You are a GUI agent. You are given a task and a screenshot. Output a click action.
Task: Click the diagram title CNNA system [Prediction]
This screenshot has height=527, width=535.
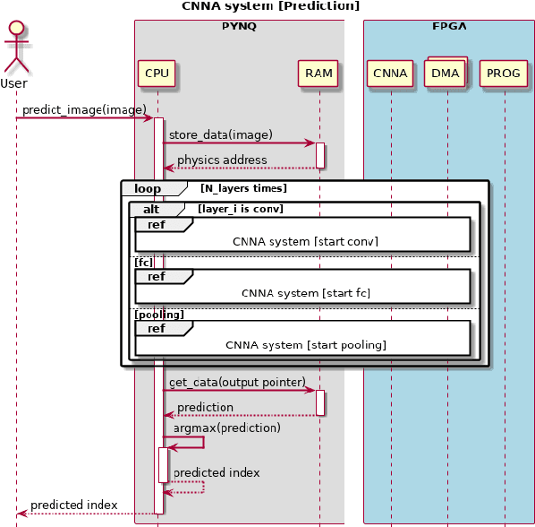[x=270, y=6]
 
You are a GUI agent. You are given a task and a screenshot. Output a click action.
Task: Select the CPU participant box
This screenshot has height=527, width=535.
[x=157, y=73]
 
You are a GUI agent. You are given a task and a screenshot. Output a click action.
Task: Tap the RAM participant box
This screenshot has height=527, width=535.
[x=318, y=73]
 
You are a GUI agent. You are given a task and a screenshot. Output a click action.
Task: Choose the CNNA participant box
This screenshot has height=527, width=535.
[x=390, y=73]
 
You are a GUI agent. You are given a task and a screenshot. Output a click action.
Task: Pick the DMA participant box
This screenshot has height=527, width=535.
[x=446, y=73]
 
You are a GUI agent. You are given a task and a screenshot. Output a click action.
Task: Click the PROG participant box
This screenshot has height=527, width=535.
[x=504, y=73]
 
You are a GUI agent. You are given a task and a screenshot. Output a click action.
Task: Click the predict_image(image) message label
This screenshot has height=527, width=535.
[x=84, y=110]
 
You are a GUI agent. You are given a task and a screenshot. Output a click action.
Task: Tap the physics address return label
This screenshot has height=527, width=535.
[x=222, y=160]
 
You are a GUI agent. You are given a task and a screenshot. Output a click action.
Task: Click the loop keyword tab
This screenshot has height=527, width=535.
[x=147, y=189]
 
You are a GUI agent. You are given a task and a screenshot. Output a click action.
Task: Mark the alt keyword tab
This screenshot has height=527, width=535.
[x=151, y=209]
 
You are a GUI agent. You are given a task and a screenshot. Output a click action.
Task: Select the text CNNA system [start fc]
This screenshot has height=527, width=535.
[x=306, y=293]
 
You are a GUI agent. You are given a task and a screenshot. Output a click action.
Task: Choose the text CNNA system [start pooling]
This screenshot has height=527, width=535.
[x=306, y=345]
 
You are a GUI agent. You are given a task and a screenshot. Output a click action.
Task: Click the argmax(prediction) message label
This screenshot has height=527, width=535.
[x=227, y=428]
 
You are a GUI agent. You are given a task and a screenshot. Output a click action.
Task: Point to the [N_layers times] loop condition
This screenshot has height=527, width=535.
[x=243, y=189]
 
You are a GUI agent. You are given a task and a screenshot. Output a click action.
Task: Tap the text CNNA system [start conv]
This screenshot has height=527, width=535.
[x=306, y=242]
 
